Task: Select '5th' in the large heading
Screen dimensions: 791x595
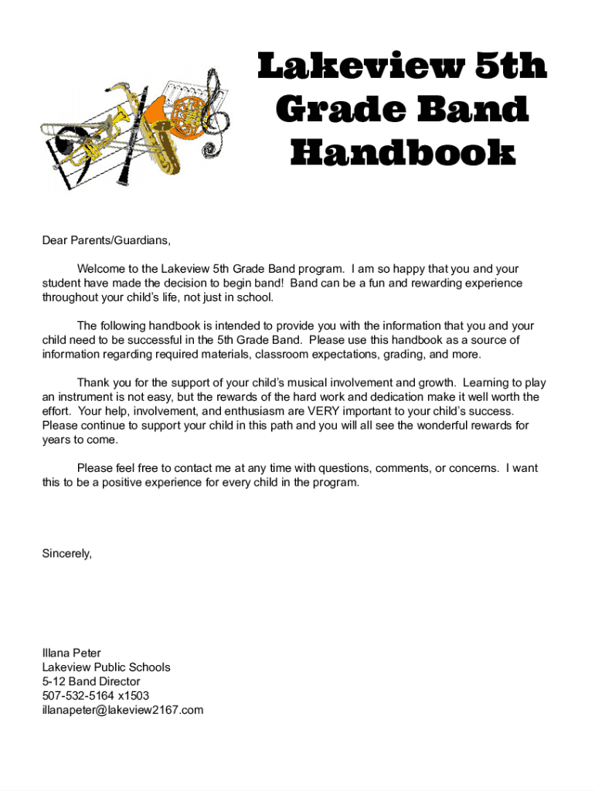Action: (x=510, y=67)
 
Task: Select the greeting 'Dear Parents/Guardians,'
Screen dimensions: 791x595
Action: (x=106, y=240)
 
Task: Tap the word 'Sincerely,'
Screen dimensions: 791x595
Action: (x=67, y=553)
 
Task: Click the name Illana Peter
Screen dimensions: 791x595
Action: (x=72, y=653)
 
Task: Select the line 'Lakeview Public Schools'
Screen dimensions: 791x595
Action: (x=106, y=667)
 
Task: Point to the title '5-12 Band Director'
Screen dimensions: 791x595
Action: (x=91, y=681)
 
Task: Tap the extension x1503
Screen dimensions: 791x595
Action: (x=134, y=695)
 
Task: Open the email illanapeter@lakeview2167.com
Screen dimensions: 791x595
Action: (x=123, y=710)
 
